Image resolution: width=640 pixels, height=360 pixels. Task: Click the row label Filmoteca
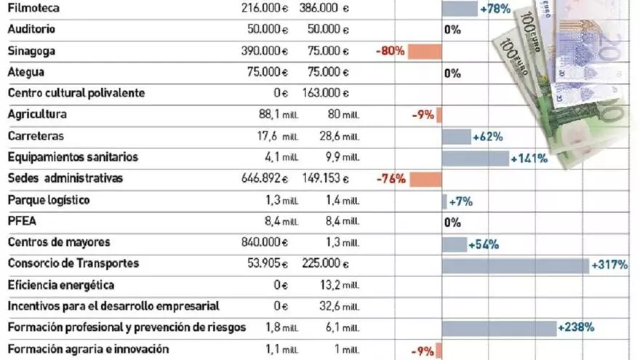coord(33,8)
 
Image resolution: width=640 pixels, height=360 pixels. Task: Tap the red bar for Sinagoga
coord(425,52)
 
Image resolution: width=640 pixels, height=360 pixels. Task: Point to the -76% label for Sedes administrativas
coord(391,179)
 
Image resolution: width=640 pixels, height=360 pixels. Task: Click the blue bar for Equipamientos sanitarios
coord(475,158)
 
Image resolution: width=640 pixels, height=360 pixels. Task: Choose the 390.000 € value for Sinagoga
coord(264,51)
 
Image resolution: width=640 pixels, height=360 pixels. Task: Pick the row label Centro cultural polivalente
coord(76,93)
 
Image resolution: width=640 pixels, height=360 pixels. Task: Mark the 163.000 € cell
coord(325,93)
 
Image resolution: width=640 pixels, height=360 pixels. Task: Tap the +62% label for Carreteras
coord(487,137)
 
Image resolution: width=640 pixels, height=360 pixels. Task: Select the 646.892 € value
coord(264,178)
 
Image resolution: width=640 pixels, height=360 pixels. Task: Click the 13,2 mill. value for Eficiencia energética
coord(338,285)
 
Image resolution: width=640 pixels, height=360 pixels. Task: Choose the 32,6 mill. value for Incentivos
coord(338,307)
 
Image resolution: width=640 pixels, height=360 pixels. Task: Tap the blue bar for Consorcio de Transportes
coord(515,265)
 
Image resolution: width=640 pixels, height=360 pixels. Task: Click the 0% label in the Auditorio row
coord(452,31)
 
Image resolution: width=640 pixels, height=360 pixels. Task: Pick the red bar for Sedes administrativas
coord(425,179)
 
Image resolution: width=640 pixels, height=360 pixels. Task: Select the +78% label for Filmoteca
coord(495,9)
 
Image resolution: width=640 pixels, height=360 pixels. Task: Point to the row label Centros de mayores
coord(53,242)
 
